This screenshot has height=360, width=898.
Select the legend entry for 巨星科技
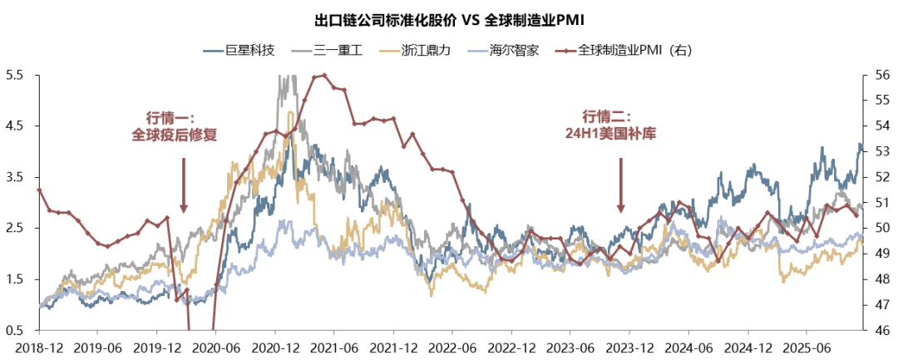pos(250,50)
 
